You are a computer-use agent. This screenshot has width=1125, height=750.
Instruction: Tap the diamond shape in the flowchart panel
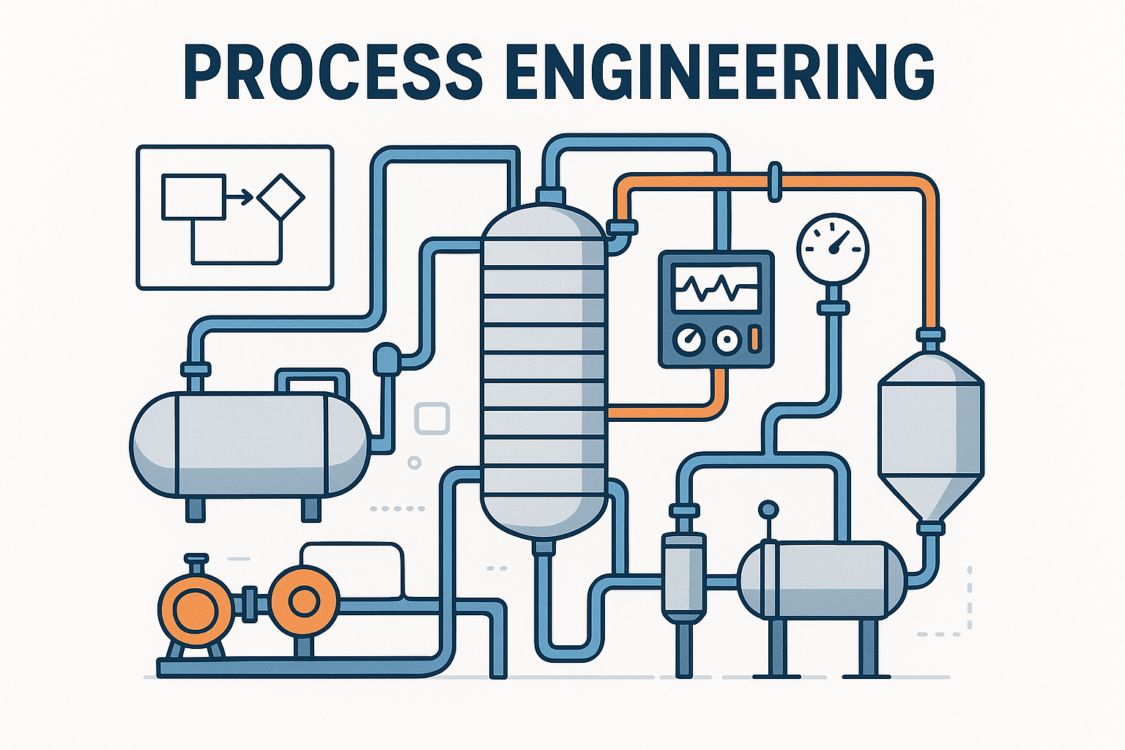(x=281, y=196)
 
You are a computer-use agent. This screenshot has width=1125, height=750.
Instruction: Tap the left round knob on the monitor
(x=689, y=339)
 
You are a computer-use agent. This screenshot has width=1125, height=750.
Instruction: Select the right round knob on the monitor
(x=725, y=339)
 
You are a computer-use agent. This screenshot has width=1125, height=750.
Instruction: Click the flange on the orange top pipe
(x=775, y=181)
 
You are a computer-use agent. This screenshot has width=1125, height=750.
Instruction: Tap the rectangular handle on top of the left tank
(x=311, y=382)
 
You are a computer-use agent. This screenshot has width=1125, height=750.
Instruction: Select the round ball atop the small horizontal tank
(x=768, y=508)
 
